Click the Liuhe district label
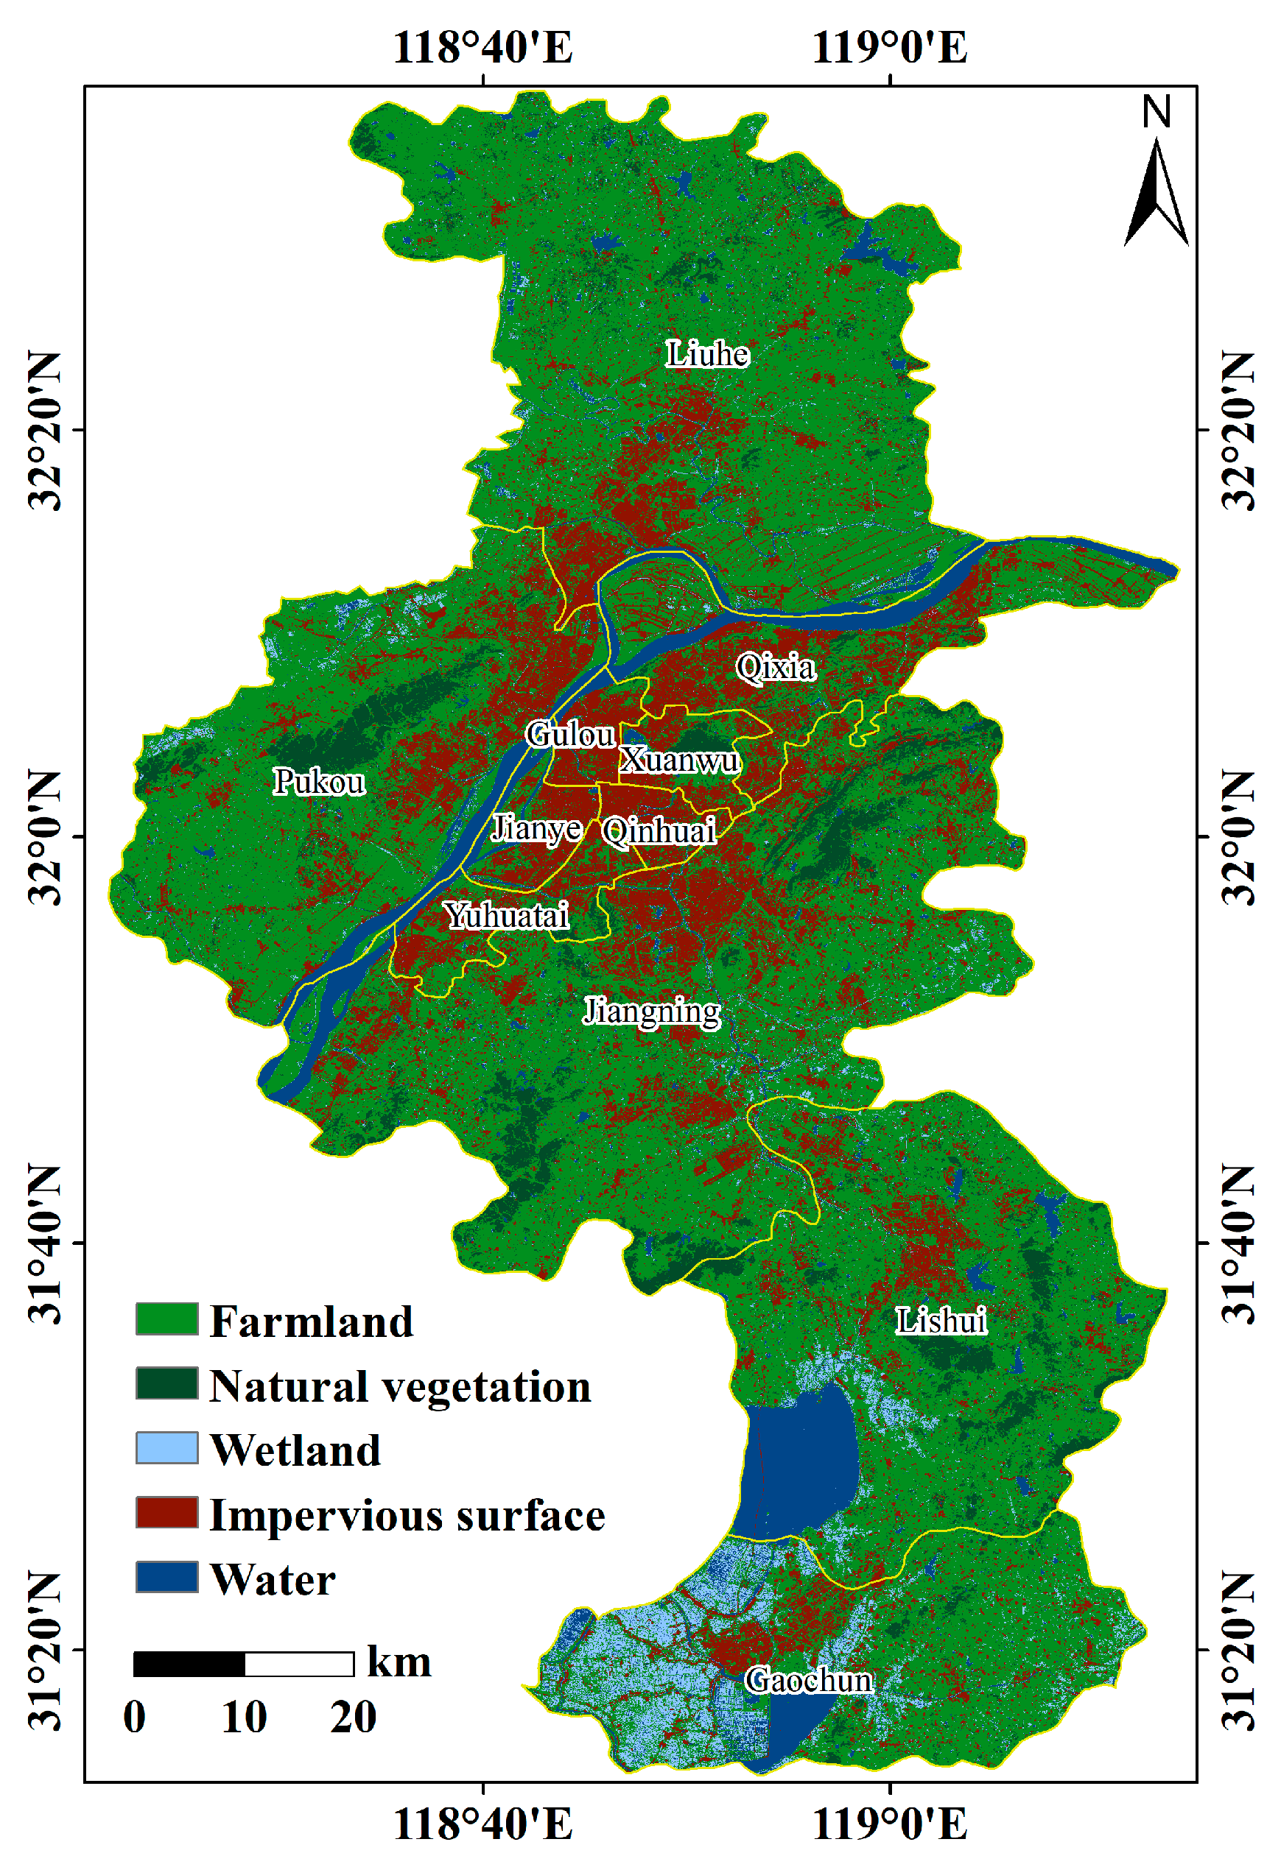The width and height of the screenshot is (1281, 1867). (x=707, y=354)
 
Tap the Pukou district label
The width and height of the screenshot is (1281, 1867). (x=319, y=782)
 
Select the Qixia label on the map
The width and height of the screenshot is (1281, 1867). (x=776, y=667)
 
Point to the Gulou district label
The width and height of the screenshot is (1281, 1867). (x=569, y=734)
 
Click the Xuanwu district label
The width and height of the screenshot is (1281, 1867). (x=679, y=760)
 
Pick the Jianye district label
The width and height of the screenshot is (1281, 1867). (x=536, y=828)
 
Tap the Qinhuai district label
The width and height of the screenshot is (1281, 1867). (x=659, y=830)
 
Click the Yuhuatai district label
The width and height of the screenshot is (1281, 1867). (x=506, y=915)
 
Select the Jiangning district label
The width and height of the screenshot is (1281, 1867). (x=651, y=1012)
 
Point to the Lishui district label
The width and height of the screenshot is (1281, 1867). (x=940, y=1321)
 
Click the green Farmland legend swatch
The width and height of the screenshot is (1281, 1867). (x=166, y=1319)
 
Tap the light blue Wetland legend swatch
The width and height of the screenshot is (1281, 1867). (x=166, y=1447)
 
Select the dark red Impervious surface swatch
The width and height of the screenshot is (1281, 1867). (x=166, y=1513)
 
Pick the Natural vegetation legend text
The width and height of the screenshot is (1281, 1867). (x=399, y=1386)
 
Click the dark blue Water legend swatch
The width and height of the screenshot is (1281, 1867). (x=166, y=1577)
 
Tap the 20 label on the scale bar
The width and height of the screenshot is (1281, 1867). (x=353, y=1718)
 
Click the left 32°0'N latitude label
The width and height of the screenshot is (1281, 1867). (x=45, y=836)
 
